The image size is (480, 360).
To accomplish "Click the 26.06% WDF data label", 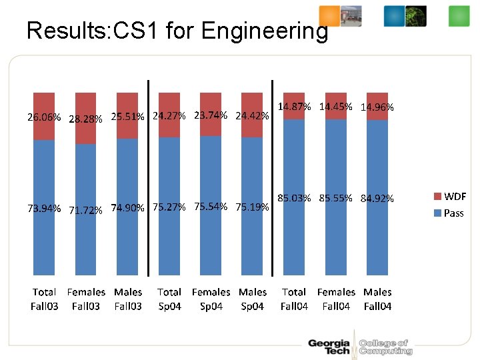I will pyautogui.click(x=44, y=117).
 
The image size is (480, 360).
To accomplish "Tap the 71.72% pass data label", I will pyautogui.click(x=85, y=211).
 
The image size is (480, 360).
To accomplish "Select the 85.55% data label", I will pyautogui.click(x=335, y=198).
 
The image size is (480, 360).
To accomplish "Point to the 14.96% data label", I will pyautogui.click(x=377, y=107).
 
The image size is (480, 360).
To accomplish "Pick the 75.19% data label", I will pyautogui.click(x=252, y=207).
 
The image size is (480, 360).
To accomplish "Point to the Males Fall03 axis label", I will pyautogui.click(x=128, y=299).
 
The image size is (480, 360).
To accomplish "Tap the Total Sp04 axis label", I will pyautogui.click(x=169, y=299).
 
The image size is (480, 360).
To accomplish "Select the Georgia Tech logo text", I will pyautogui.click(x=329, y=347).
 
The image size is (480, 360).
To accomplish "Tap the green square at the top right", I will pyautogui.click(x=459, y=15).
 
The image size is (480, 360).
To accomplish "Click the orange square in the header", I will pyautogui.click(x=329, y=15).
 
